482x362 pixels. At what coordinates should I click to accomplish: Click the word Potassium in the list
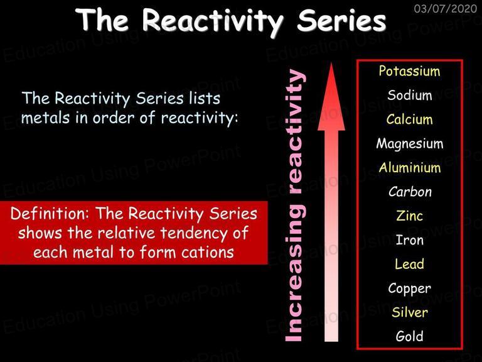click(409, 71)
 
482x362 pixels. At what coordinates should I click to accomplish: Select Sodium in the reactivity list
click(410, 95)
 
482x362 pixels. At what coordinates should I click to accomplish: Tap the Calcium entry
click(409, 119)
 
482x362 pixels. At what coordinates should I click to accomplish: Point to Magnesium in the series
click(410, 144)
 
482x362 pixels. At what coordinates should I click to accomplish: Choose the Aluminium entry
click(410, 168)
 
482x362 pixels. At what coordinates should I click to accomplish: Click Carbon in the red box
click(410, 192)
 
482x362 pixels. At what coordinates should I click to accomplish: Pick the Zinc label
click(409, 216)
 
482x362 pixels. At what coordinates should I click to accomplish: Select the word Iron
click(409, 240)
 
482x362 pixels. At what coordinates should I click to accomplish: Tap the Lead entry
click(409, 264)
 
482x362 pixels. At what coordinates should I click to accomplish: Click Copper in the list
click(409, 288)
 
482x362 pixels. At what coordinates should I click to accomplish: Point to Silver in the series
click(409, 312)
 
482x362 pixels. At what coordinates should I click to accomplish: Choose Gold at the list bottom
click(409, 336)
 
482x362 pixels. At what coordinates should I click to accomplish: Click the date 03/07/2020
click(446, 8)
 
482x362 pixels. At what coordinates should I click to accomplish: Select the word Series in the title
click(341, 20)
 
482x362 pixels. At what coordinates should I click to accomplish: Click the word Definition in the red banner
click(50, 213)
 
